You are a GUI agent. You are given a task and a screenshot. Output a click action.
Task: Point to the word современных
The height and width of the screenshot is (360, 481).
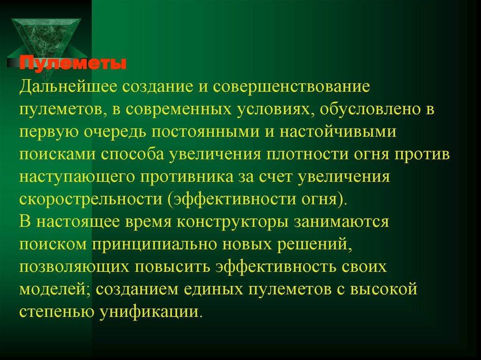click(x=182, y=109)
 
